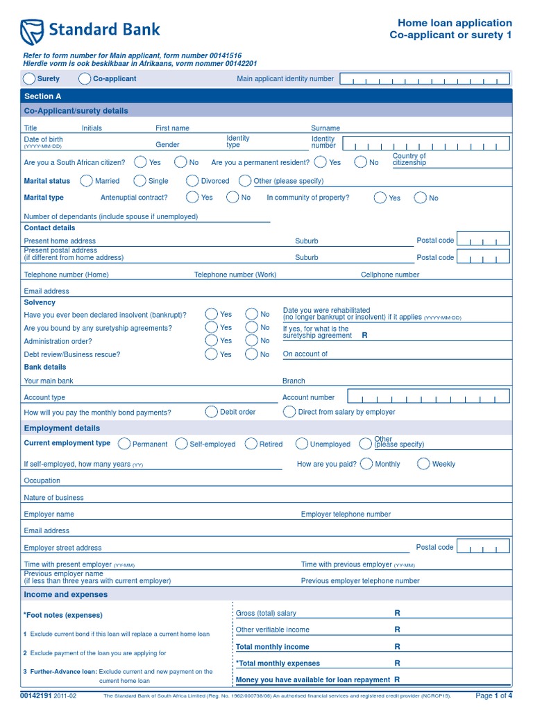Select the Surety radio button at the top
30,78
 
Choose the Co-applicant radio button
85,78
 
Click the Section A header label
42,96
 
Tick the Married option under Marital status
86,181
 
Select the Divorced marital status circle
192,181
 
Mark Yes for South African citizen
140,162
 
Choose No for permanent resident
360,162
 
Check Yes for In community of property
380,198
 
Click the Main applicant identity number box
425,79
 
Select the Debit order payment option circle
212,412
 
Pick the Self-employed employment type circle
181,444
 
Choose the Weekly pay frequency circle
423,464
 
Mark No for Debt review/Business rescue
251,354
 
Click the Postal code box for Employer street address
484,548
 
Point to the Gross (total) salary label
266,613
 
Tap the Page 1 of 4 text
493,695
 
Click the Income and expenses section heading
66,595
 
